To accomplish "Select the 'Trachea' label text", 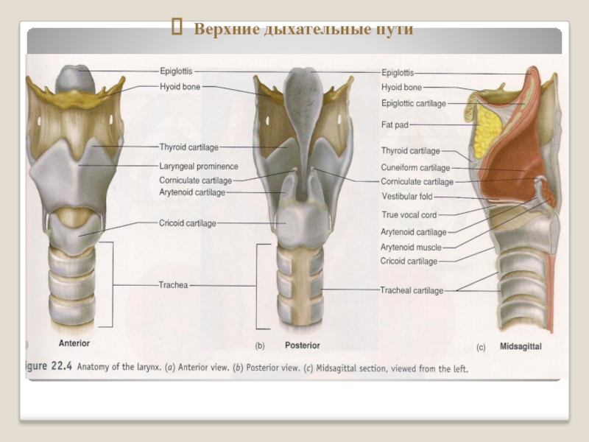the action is tap(173, 284).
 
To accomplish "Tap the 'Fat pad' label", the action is tap(395, 125).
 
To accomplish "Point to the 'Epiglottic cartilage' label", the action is tap(414, 104).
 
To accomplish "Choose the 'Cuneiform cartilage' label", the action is tap(415, 168).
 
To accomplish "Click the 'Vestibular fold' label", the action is tap(407, 197).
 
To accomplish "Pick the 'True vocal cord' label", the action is tap(409, 215).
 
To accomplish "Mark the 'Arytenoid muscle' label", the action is tap(411, 248).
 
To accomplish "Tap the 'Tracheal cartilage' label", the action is tap(412, 291).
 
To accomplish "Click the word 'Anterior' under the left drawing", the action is tap(74, 343).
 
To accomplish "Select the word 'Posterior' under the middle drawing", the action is tap(303, 345).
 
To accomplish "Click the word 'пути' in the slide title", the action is tap(394, 30).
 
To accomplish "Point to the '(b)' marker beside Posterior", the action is tap(260, 345).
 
